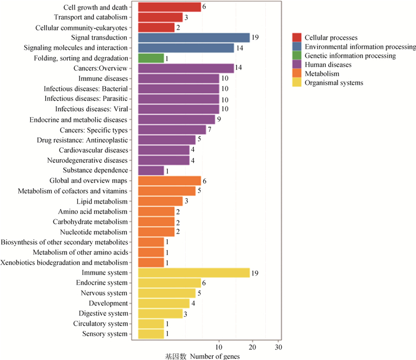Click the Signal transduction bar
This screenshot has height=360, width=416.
193,37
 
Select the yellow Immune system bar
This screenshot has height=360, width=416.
193,273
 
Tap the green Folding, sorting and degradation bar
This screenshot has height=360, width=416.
150,58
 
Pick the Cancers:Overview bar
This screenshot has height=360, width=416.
185,68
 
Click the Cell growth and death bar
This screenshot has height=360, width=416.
169,7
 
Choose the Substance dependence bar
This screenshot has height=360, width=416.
150,170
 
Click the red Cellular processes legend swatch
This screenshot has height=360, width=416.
297,37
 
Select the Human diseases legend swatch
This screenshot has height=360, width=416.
297,64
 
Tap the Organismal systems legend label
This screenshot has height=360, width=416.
333,83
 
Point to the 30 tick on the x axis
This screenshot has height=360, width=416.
278,346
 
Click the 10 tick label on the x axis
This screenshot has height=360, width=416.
219,346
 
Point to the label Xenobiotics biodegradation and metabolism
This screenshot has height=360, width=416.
64,262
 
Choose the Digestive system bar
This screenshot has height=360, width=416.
160,313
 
